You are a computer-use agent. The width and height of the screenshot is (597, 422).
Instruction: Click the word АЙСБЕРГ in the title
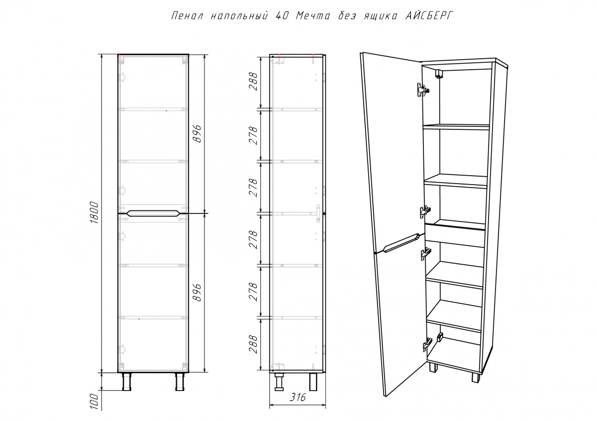point(429,16)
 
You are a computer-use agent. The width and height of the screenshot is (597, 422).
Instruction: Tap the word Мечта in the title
point(313,16)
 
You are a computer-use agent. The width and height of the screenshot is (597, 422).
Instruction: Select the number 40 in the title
point(281,16)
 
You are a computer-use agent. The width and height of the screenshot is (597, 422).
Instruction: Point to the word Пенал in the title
point(188,16)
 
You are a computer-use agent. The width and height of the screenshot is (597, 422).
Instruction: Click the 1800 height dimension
point(95,212)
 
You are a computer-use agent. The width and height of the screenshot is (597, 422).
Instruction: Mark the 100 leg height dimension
point(95,401)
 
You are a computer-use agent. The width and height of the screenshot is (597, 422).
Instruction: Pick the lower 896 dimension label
point(197,293)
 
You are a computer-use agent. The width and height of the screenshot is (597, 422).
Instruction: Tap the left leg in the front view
point(126,382)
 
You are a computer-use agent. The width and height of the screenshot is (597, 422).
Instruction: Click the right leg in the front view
point(180,382)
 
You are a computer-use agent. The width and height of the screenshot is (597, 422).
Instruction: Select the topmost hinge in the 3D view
point(423,90)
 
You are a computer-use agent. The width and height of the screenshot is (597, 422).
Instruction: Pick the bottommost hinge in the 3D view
point(427,346)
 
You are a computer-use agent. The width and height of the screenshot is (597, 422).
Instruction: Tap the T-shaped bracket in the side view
point(318,213)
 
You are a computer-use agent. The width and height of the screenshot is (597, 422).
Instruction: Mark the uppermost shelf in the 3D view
point(456,126)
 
